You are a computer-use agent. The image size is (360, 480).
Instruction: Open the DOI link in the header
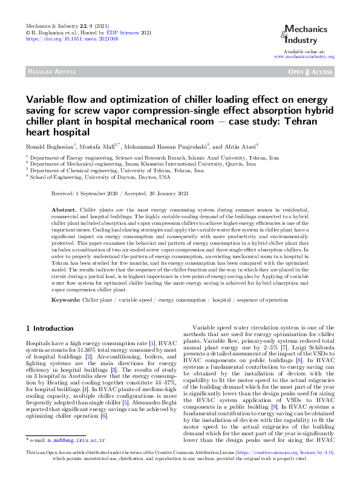coord(73,38)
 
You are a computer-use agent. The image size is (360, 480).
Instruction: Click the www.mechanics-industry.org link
coord(304,56)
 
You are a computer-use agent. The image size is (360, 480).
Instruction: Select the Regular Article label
coord(51,72)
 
